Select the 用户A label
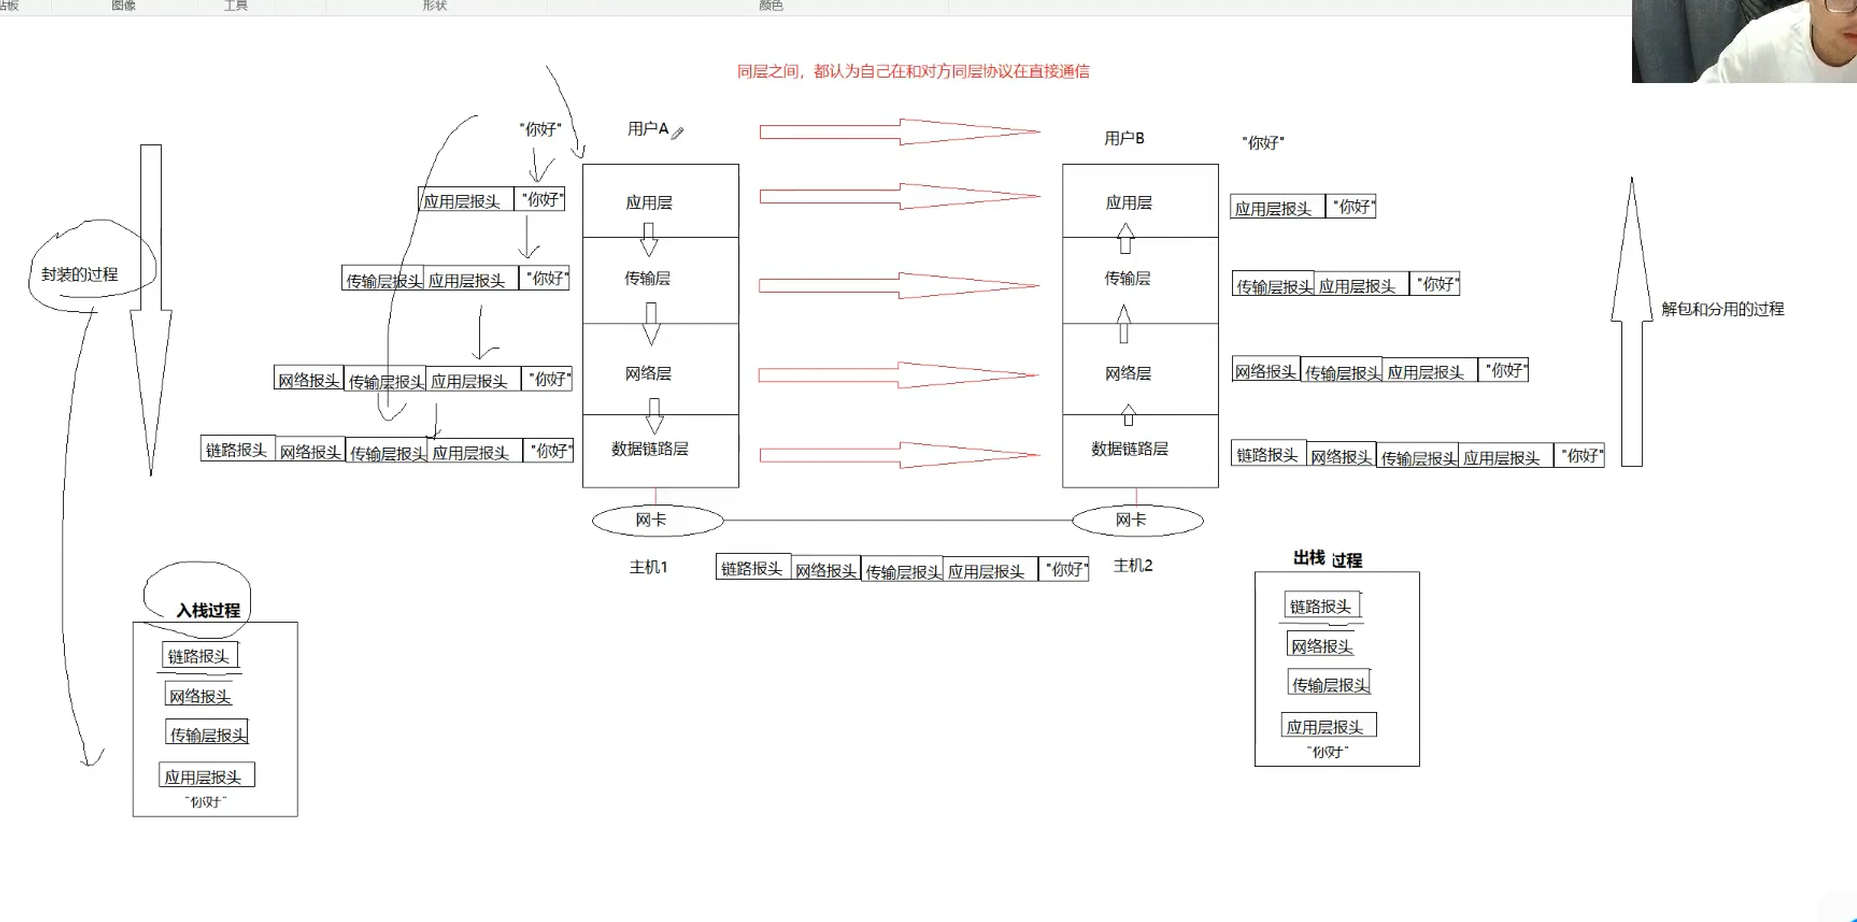coord(648,129)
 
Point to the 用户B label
coord(1124,138)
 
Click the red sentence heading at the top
coord(913,71)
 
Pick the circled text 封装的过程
coord(80,274)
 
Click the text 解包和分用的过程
coord(1722,309)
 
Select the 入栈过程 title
coord(208,610)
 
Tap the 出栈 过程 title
coord(1327,559)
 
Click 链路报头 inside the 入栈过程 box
coord(199,656)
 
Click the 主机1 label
coord(648,567)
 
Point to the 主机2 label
coord(1133,566)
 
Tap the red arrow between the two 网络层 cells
coord(898,375)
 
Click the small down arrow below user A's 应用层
coord(649,239)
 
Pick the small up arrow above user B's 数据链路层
coord(1128,414)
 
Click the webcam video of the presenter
coord(1744,41)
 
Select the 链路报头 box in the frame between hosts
coord(752,568)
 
